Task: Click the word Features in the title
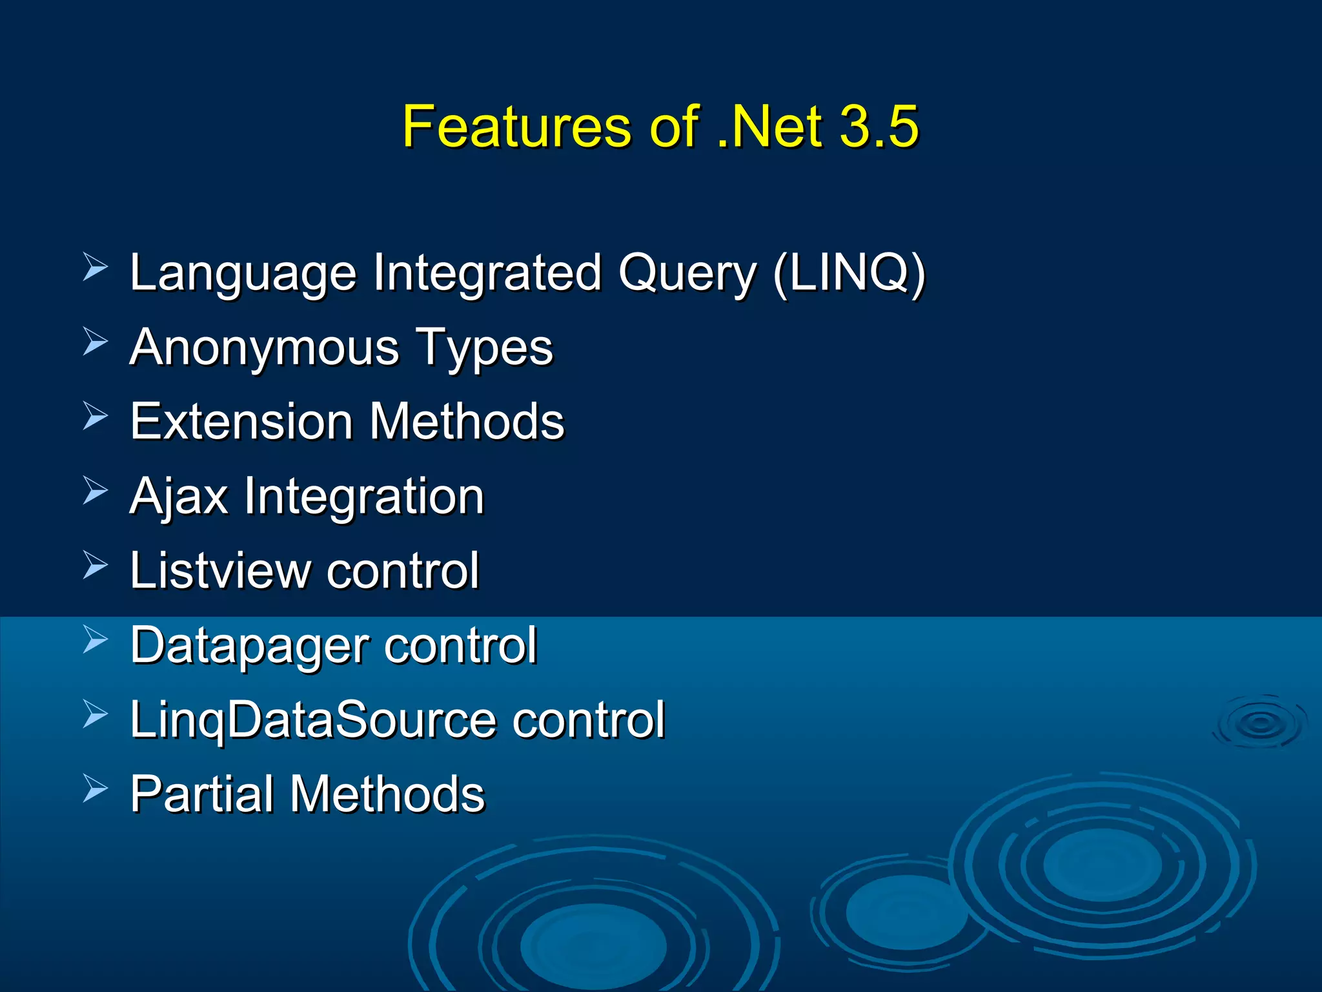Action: pyautogui.click(x=516, y=127)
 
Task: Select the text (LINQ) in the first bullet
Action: pyautogui.click(x=849, y=273)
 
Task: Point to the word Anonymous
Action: pyautogui.click(x=265, y=348)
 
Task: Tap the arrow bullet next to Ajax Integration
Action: pyautogui.click(x=96, y=491)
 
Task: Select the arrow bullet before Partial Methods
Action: pyautogui.click(x=96, y=789)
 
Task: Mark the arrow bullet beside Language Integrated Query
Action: pyautogui.click(x=96, y=267)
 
